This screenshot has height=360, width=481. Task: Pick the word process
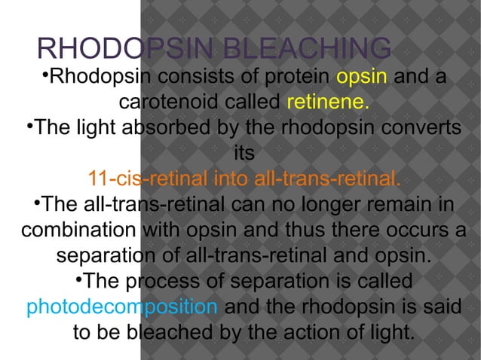pos(158,282)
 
